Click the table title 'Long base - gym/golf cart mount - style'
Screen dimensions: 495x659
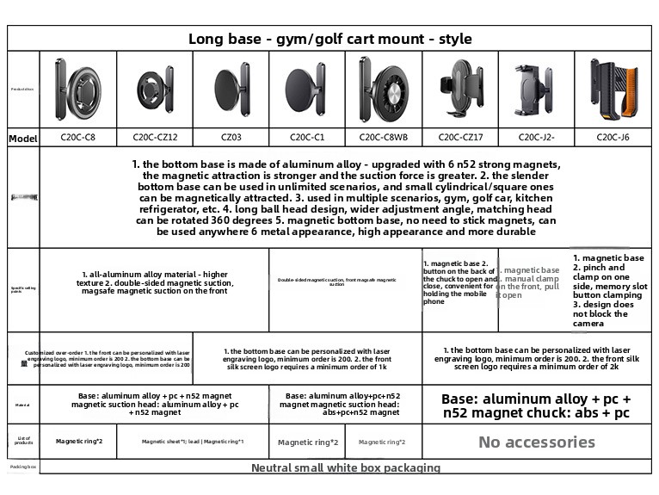329,39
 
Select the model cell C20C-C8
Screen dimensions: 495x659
77,137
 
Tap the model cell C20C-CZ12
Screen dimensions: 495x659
155,137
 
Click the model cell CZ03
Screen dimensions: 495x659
231,137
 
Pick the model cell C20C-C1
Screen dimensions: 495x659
306,137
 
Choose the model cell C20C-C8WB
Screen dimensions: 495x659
383,137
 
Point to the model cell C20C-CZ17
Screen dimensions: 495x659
460,137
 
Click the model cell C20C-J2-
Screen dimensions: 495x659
536,137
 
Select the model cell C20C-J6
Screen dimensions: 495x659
613,137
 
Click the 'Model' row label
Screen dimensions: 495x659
22,138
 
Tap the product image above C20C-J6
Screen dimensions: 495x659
613,89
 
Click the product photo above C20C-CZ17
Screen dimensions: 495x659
460,89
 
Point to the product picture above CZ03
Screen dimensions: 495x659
231,90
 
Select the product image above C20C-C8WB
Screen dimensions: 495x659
383,89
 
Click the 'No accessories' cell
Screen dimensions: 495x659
536,442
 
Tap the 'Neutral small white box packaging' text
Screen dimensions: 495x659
345,467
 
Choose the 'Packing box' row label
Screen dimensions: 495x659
22,467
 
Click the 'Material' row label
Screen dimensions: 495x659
22,404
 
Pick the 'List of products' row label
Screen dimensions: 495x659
22,441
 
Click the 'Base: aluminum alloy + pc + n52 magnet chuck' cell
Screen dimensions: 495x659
536,405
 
